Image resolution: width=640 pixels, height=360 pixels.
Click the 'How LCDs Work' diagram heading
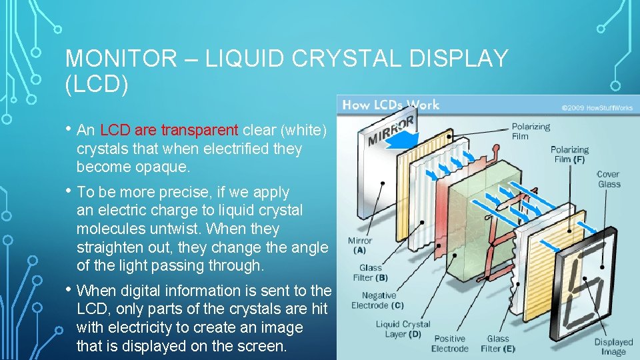(391, 105)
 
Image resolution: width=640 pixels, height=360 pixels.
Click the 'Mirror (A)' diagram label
(360, 245)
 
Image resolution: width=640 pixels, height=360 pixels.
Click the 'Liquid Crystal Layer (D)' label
(403, 329)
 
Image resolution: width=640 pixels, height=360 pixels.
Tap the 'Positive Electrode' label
(450, 343)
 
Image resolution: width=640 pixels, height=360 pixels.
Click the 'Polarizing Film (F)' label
(569, 155)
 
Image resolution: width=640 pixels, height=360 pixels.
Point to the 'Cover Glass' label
(608, 179)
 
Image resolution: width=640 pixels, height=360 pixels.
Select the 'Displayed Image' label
(613, 347)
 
